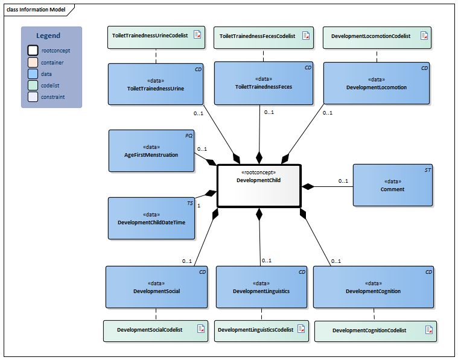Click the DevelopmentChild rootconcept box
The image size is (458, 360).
pyautogui.click(x=258, y=186)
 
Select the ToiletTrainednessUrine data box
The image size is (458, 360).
pyautogui.click(x=156, y=84)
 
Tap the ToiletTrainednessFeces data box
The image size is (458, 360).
pyautogui.click(x=264, y=83)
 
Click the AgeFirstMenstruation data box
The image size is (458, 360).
pyautogui.click(x=151, y=151)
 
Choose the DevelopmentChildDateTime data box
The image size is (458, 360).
pyautogui.click(x=151, y=218)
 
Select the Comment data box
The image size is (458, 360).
pyautogui.click(x=392, y=185)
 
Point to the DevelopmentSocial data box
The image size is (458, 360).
pyautogui.click(x=156, y=287)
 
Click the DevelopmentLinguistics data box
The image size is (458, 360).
pyautogui.click(x=261, y=287)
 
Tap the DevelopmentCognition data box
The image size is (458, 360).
pyautogui.click(x=373, y=287)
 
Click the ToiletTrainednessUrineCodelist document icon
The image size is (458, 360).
pyautogui.click(x=197, y=36)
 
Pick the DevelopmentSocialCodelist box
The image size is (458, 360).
pyautogui.click(x=156, y=330)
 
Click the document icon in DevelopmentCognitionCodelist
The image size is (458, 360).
pyautogui.click(x=428, y=330)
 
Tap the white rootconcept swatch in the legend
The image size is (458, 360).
pyautogui.click(x=33, y=51)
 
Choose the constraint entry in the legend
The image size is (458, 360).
pyautogui.click(x=52, y=96)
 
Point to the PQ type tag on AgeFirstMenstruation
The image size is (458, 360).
pyautogui.click(x=189, y=136)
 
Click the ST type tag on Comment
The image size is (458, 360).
pyautogui.click(x=427, y=171)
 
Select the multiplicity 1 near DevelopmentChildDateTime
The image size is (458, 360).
pyautogui.click(x=199, y=206)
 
